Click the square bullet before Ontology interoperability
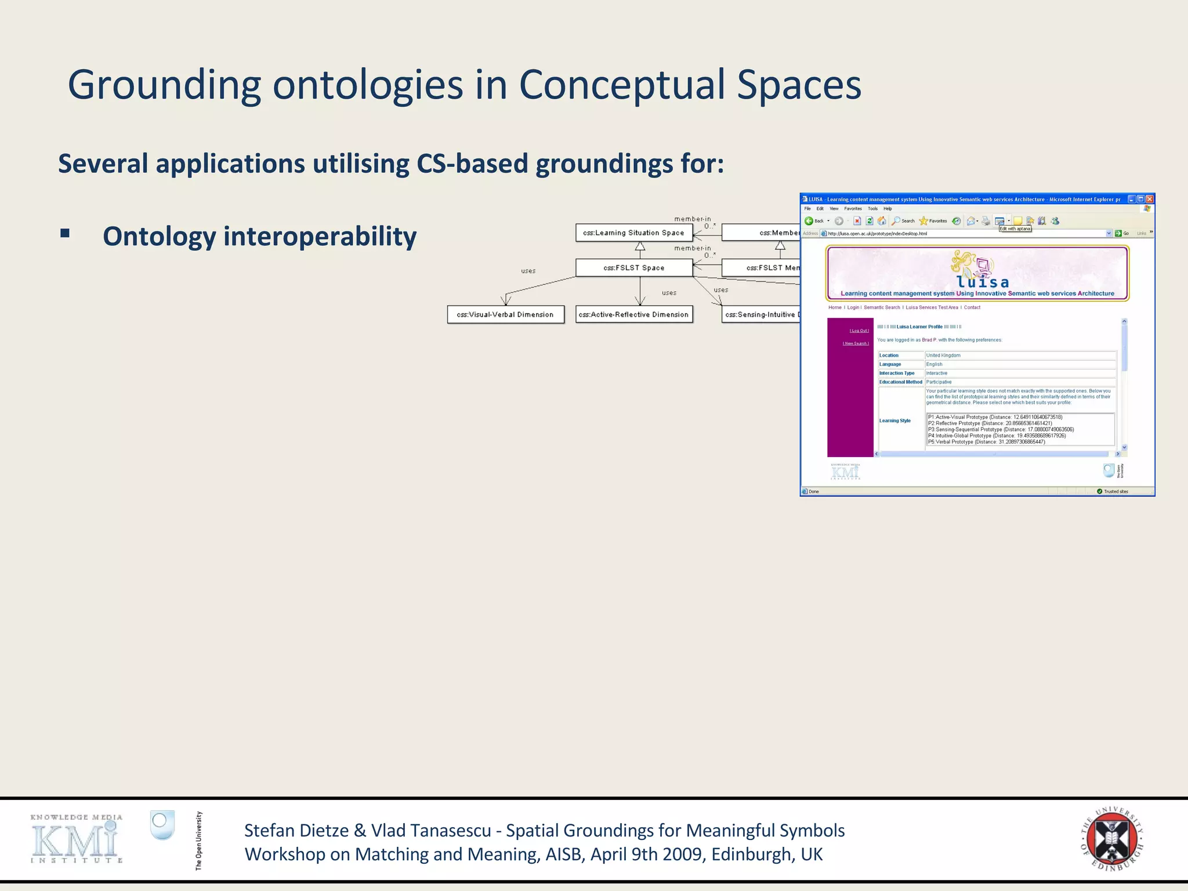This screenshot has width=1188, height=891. [x=64, y=234]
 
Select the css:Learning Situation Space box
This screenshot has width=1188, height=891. [x=633, y=233]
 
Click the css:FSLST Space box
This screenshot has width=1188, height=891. [x=633, y=267]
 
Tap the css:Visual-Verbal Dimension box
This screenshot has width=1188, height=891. [x=505, y=314]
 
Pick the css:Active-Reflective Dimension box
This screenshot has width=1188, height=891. [x=633, y=314]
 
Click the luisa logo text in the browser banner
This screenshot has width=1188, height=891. [x=983, y=282]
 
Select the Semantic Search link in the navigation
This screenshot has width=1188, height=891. [x=882, y=307]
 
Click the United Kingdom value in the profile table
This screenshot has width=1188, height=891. [x=943, y=356]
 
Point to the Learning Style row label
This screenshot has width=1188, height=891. [x=894, y=421]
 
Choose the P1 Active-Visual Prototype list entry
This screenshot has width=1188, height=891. [x=995, y=417]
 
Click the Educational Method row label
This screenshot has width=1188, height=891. [x=900, y=382]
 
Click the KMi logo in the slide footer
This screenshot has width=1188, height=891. [x=76, y=839]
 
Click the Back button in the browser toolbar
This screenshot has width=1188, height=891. [x=814, y=221]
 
